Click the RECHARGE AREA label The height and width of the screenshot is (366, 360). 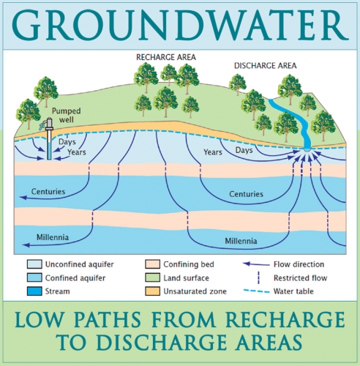166,57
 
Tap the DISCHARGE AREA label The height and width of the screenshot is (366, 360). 266,66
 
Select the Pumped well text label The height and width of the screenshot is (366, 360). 66,115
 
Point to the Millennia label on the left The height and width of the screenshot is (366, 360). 53,237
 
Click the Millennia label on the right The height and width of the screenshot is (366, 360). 241,241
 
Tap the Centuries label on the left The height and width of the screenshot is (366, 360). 48,192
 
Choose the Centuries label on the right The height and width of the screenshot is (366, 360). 246,194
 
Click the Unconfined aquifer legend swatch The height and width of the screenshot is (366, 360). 34,264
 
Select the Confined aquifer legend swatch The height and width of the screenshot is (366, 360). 34,277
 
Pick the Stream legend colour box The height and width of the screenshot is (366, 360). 34,291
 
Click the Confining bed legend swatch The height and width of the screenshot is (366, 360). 153,264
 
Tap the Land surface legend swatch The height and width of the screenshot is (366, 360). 153,277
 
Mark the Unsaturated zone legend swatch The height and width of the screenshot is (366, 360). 153,291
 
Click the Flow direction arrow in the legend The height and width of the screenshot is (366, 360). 256,264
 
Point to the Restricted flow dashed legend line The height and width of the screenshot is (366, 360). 258,278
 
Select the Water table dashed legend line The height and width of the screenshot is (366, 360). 257,291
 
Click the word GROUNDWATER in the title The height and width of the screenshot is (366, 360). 180,25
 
